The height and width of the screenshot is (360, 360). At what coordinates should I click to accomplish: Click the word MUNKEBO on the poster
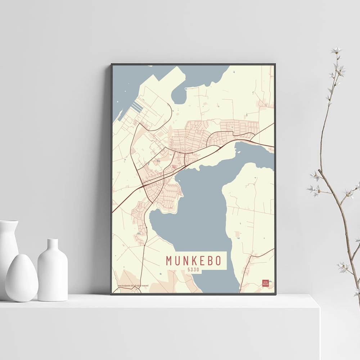[193, 261]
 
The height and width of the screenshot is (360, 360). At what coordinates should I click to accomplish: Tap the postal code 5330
[193, 270]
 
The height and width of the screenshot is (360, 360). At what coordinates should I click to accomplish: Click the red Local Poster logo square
[265, 283]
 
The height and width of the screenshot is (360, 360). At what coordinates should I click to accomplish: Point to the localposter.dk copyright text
[133, 285]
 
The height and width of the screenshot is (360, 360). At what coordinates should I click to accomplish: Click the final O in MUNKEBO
[217, 261]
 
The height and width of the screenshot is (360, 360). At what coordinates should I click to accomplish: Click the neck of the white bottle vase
[53, 245]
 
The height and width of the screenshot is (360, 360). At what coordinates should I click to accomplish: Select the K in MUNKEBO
[193, 261]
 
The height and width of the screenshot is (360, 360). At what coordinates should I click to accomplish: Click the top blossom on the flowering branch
[336, 50]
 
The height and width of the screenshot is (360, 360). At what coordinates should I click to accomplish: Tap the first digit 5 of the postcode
[188, 270]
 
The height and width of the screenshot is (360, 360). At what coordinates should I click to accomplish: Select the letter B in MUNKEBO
[209, 261]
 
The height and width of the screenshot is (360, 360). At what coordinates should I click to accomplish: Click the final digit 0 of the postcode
[199, 270]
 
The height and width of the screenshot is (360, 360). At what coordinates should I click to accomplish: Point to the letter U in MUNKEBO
[177, 261]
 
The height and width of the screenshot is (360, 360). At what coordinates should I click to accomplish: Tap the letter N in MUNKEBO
[185, 261]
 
